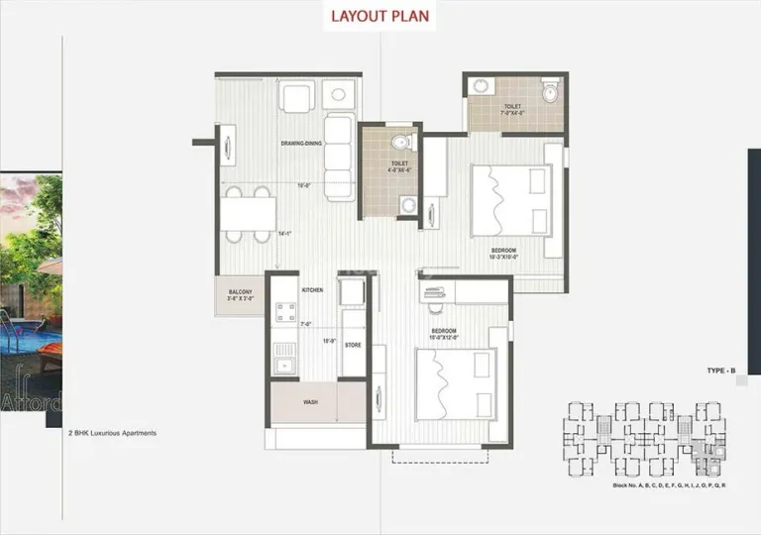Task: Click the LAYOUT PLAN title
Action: tap(380, 17)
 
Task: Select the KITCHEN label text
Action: tap(312, 289)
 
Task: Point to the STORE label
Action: tap(353, 345)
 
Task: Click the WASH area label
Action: tap(310, 403)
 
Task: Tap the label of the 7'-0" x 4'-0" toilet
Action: tap(512, 109)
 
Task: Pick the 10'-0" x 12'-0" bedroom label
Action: tap(443, 333)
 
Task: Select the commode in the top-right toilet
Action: tap(550, 93)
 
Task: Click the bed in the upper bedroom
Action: tap(510, 199)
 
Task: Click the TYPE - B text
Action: tap(720, 370)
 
